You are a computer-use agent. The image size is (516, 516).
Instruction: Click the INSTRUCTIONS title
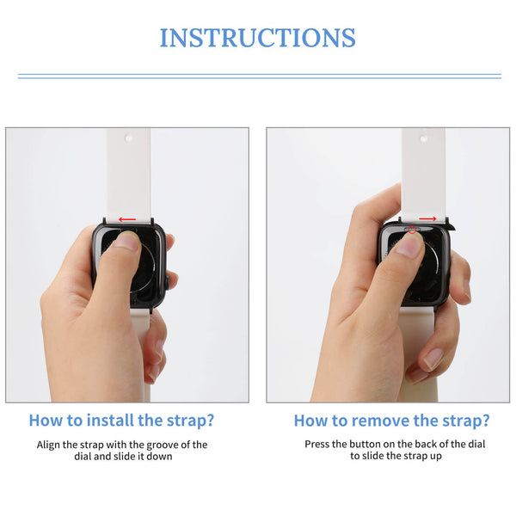click(257, 38)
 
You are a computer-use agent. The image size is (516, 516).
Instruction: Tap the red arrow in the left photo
click(126, 219)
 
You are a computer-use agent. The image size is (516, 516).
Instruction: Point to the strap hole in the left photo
click(128, 137)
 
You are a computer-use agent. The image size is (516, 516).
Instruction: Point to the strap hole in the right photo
click(425, 137)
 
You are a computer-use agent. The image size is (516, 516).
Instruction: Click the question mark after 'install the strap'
click(209, 421)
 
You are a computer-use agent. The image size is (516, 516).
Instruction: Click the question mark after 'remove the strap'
click(485, 421)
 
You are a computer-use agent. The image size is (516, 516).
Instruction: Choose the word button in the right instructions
click(365, 445)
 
